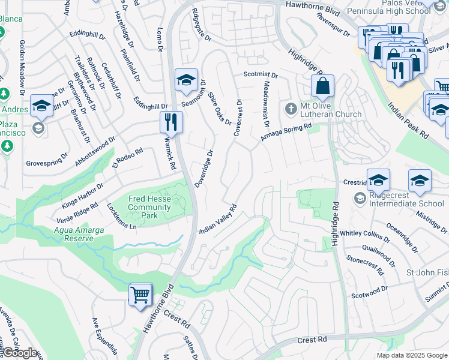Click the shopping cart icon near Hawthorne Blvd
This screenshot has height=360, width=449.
coord(140,295)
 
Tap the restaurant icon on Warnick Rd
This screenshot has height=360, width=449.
coord(171,122)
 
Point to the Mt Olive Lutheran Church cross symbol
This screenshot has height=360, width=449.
coord(291,109)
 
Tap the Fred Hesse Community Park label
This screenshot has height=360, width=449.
coord(149,203)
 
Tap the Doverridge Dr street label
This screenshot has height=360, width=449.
coord(204,169)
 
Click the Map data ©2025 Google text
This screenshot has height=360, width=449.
coord(412,355)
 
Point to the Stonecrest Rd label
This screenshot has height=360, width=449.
coord(365,267)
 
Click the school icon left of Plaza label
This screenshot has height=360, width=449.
coord(42,106)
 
